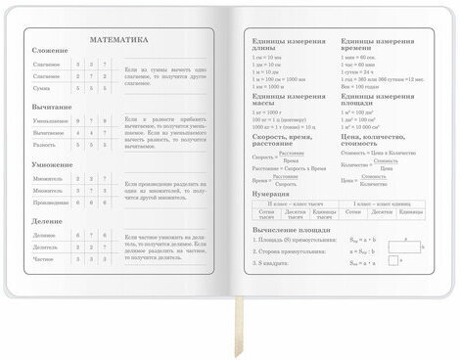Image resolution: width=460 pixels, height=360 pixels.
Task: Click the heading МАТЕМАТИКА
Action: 119,40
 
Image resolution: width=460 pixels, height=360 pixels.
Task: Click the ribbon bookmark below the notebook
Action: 236,328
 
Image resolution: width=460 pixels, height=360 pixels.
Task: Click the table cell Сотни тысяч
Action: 267,212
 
